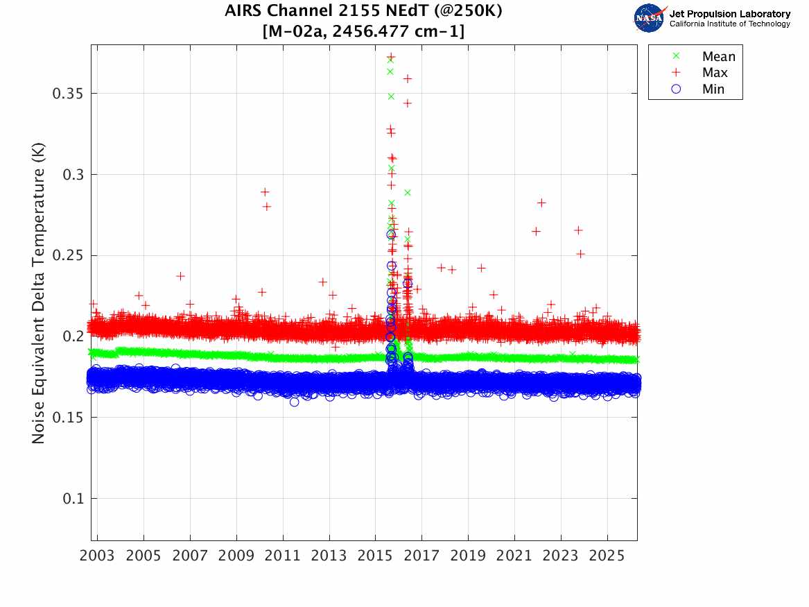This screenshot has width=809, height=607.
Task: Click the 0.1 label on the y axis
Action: [x=73, y=499]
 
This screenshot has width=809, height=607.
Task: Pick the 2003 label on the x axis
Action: [x=97, y=556]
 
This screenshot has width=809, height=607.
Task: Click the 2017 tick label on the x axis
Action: [x=421, y=556]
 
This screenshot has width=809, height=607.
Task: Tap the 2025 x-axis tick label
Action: [x=607, y=556]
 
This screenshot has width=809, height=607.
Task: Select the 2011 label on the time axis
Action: [x=283, y=556]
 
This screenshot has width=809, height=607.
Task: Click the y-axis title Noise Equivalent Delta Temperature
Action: [x=38, y=293]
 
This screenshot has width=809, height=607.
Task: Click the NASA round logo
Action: [x=650, y=18]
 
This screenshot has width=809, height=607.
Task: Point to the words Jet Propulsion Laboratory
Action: [x=729, y=14]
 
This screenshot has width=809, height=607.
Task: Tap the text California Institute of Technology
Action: [x=729, y=24]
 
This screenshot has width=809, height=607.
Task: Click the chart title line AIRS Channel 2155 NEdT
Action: [x=363, y=11]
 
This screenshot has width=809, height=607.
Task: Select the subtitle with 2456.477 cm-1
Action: [x=363, y=31]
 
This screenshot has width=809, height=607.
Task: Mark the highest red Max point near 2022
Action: [x=541, y=203]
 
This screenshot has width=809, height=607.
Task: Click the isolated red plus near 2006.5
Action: [x=180, y=276]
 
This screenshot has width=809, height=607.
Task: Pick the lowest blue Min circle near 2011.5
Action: [x=294, y=402]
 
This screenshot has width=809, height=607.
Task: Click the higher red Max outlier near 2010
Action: [x=265, y=192]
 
